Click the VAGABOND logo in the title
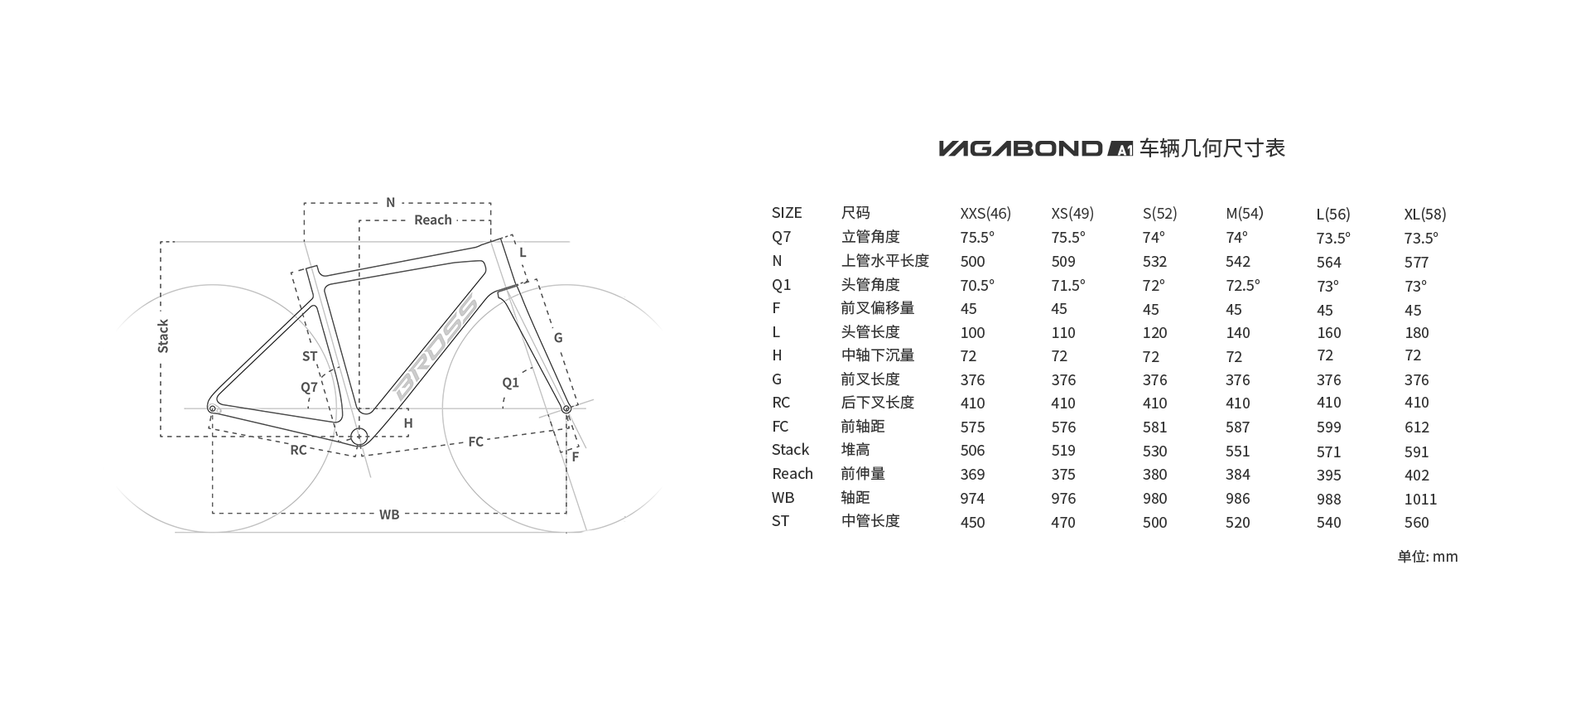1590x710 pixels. (x=1021, y=148)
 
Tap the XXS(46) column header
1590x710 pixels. (x=985, y=214)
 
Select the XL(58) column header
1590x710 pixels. (x=1425, y=214)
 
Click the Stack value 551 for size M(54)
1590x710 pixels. (x=1238, y=451)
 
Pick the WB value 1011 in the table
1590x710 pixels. (x=1420, y=499)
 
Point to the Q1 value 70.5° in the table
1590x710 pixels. (x=977, y=285)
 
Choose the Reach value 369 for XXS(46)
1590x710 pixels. (x=972, y=475)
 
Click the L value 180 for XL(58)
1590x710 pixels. (x=1417, y=333)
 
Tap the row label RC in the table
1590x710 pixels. (x=781, y=403)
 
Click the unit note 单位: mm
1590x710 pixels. (x=1428, y=556)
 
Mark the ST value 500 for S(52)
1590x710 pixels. (x=1154, y=523)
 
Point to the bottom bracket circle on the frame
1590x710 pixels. (x=359, y=437)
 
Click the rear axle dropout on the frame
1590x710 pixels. (x=213, y=408)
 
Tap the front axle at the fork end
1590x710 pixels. (x=566, y=408)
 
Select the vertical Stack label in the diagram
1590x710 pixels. (x=163, y=336)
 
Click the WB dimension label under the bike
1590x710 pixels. (x=389, y=514)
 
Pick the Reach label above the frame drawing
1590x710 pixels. (x=433, y=220)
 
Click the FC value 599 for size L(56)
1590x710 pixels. (x=1329, y=427)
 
